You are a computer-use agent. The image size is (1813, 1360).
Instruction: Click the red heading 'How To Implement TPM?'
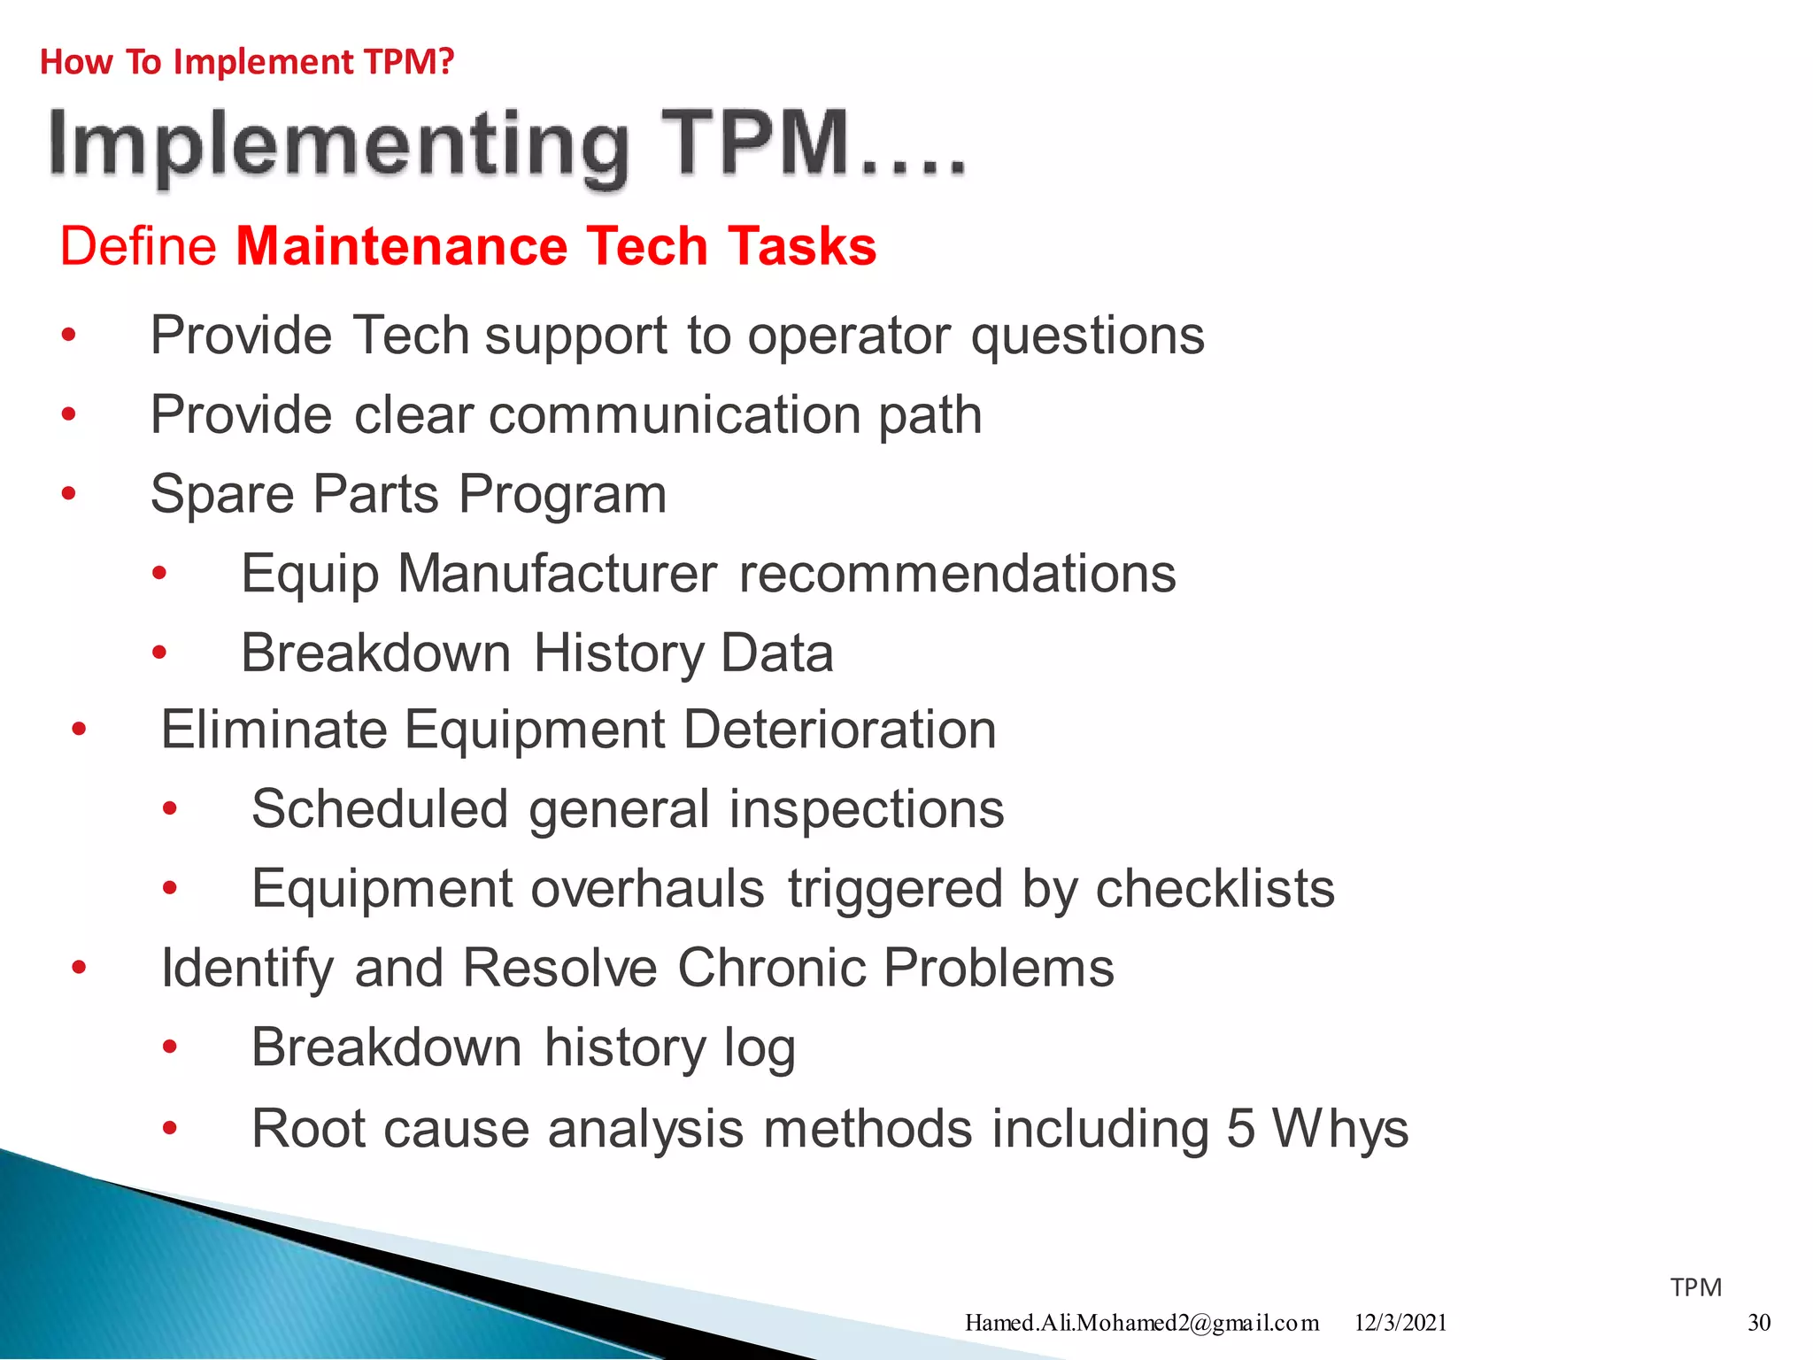pyautogui.click(x=247, y=62)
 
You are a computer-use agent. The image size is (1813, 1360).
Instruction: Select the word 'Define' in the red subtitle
pyautogui.click(x=138, y=246)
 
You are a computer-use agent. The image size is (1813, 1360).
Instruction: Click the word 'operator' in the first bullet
pyautogui.click(x=848, y=336)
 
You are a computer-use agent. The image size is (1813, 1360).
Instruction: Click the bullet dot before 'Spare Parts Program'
pyautogui.click(x=69, y=494)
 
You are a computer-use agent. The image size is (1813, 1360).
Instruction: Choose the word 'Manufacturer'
pyautogui.click(x=557, y=574)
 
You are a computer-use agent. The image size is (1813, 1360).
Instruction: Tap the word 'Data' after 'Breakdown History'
pyautogui.click(x=776, y=653)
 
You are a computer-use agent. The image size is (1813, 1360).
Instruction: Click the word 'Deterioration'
pyautogui.click(x=839, y=730)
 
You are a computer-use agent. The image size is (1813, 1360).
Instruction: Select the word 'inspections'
pyautogui.click(x=866, y=809)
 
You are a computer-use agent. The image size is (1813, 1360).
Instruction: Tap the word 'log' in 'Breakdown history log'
pyautogui.click(x=759, y=1049)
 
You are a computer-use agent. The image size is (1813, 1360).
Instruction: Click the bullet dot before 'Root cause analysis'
pyautogui.click(x=170, y=1129)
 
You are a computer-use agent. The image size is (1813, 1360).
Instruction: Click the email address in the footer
pyautogui.click(x=1141, y=1323)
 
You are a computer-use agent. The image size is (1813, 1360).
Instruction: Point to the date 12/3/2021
pyautogui.click(x=1400, y=1323)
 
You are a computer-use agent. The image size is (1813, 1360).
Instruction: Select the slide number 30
pyautogui.click(x=1758, y=1323)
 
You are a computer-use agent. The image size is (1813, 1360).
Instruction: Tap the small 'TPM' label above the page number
pyautogui.click(x=1695, y=1287)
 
